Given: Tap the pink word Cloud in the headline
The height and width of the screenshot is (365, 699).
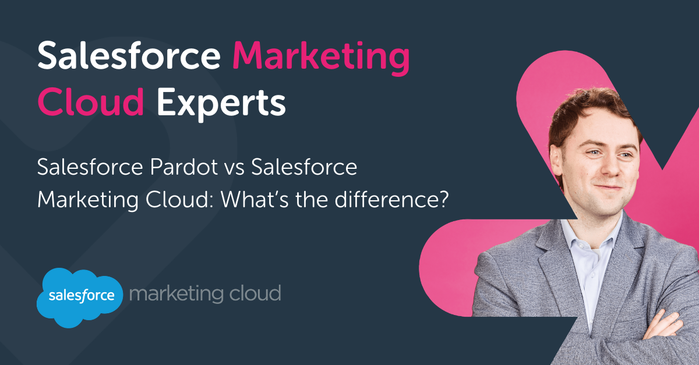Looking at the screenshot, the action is pyautogui.click(x=91, y=101).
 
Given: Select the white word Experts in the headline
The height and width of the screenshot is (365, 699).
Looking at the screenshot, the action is pyautogui.click(x=221, y=104).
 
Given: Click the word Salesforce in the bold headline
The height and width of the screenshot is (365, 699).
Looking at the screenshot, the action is pyautogui.click(x=129, y=55).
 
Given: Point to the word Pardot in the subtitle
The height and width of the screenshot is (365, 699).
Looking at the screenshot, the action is pyautogui.click(x=183, y=167).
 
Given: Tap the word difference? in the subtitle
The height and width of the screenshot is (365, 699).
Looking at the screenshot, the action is pyautogui.click(x=391, y=199).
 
